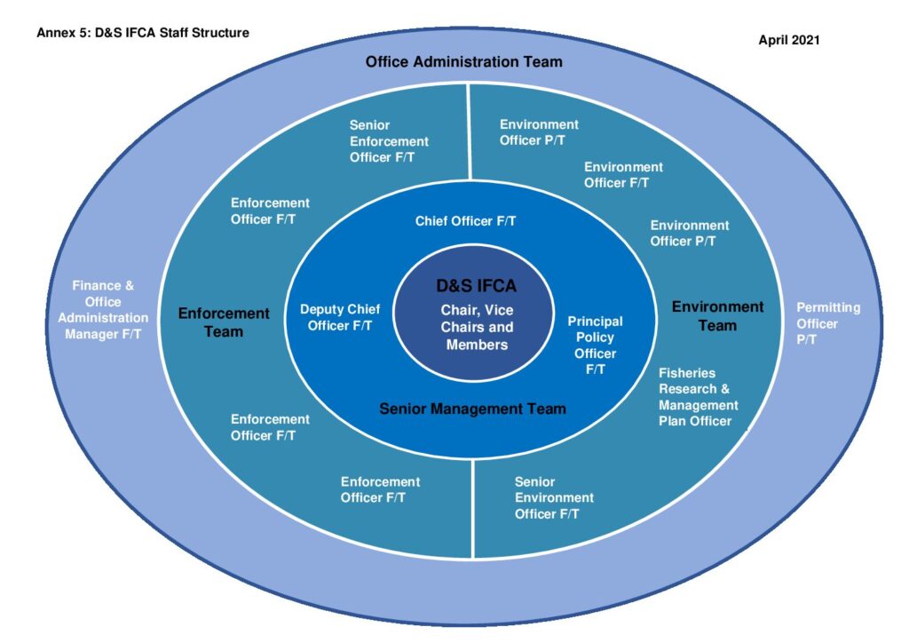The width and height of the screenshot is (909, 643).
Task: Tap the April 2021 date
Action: click(789, 40)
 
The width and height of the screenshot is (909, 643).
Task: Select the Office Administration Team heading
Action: click(463, 61)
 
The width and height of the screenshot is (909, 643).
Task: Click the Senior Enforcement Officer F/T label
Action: click(389, 141)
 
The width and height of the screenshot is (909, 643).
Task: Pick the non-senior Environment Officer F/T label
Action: click(623, 175)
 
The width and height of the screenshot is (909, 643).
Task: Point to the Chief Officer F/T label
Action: click(465, 221)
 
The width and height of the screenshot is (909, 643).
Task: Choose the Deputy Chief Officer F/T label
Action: click(340, 317)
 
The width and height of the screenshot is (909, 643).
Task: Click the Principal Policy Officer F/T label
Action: click(596, 345)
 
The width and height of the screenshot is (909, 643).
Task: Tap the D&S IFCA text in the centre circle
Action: click(476, 285)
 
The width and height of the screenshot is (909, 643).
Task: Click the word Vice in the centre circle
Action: click(499, 310)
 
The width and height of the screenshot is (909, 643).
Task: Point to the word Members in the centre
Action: click(477, 345)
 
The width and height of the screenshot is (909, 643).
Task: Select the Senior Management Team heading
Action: click(472, 409)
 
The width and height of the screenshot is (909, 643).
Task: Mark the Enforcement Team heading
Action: click(224, 322)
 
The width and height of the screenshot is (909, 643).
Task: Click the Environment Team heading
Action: click(717, 316)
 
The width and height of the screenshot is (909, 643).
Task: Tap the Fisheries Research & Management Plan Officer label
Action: click(698, 397)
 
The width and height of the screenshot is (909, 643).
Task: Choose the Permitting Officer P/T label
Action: click(828, 323)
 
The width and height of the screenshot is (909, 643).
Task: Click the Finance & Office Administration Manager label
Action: click(103, 310)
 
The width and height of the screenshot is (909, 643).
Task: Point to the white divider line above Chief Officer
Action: click(469, 132)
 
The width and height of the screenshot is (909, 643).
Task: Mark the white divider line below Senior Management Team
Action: click(473, 509)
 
